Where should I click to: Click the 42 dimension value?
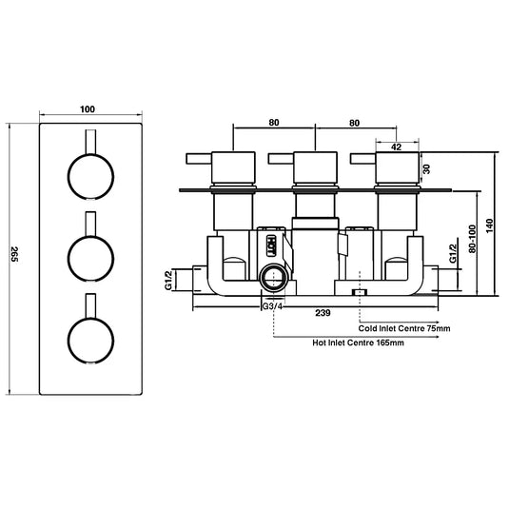click(397, 147)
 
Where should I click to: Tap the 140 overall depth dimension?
click(491, 225)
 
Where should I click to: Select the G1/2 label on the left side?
click(168, 280)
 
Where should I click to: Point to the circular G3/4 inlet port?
click(275, 279)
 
